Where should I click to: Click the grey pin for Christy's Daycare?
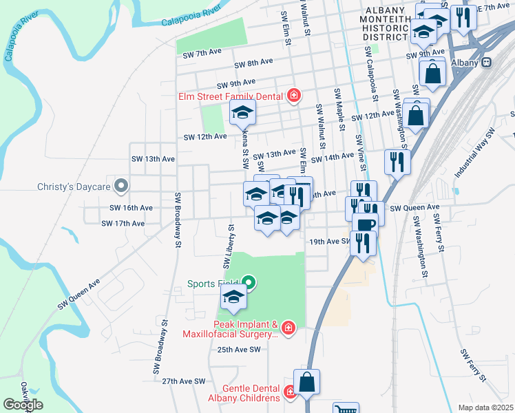pos(121,186)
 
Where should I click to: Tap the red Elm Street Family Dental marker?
pos(294,96)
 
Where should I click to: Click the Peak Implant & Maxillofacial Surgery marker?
pos(288,328)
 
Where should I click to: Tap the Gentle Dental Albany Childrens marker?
pos(290,392)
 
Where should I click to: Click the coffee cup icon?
pos(364,223)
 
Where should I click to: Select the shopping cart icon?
pos(346,410)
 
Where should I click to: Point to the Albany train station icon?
pos(486,62)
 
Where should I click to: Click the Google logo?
pos(23,404)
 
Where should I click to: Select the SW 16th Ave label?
pos(127,208)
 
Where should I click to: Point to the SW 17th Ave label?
pos(123,224)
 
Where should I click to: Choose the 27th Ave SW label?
pos(184,381)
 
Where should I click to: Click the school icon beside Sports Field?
pos(233,297)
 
